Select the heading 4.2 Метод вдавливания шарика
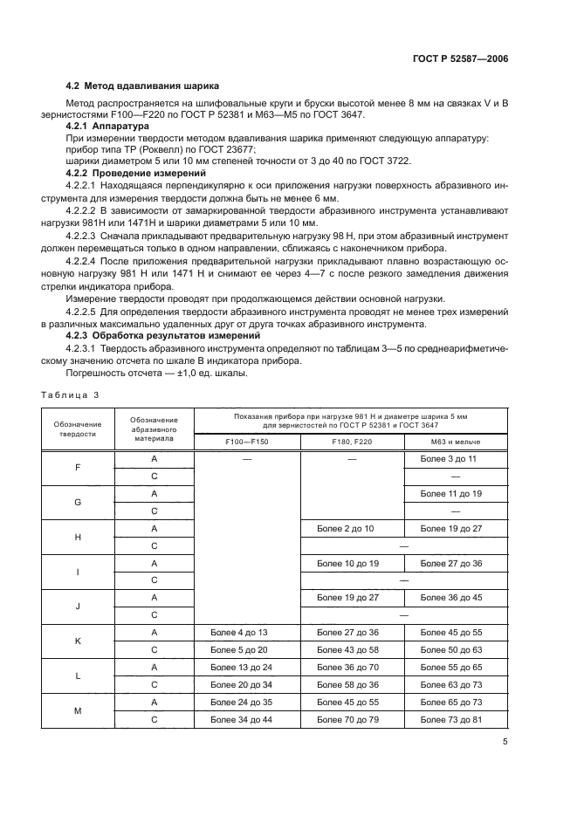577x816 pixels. pos(142,86)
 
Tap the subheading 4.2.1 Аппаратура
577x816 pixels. pos(108,127)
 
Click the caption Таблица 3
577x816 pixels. pos(71,394)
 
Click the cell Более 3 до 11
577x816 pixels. pos(449,458)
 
